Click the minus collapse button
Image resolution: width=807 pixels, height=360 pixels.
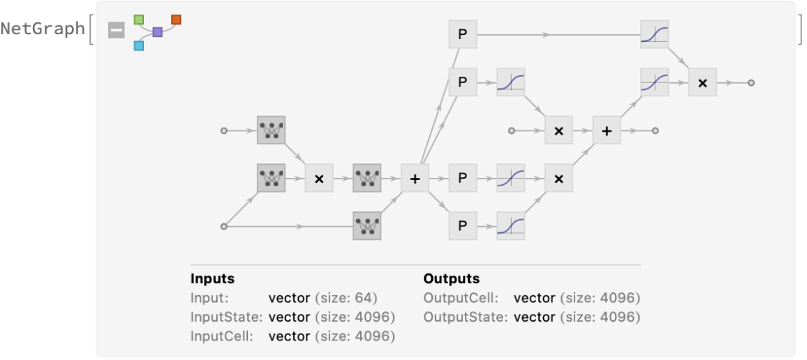[116, 29]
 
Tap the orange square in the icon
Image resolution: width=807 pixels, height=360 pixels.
[176, 19]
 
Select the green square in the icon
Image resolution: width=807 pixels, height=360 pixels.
[139, 19]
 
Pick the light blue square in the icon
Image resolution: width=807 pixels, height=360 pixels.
[139, 45]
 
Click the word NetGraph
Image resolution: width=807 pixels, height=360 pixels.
[43, 29]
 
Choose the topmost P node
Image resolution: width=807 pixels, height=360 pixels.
[462, 34]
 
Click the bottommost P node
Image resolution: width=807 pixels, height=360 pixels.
[462, 226]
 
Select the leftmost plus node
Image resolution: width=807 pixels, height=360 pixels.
[415, 179]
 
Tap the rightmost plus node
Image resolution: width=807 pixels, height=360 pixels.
[607, 130]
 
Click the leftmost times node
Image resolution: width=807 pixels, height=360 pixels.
[319, 179]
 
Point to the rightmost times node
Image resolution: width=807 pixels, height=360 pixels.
[702, 83]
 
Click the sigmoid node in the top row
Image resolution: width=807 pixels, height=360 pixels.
[654, 34]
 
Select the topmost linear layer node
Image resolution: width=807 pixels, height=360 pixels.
[271, 130]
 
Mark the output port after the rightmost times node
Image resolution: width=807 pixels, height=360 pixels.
[751, 83]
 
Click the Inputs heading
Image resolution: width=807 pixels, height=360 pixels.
[212, 278]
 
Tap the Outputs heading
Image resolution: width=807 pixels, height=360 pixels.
[451, 278]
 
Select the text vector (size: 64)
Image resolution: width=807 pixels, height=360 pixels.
[323, 298]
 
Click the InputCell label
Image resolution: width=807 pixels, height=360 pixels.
[220, 336]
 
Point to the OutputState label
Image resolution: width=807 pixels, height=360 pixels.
[465, 317]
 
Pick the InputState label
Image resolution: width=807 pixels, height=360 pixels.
[225, 317]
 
